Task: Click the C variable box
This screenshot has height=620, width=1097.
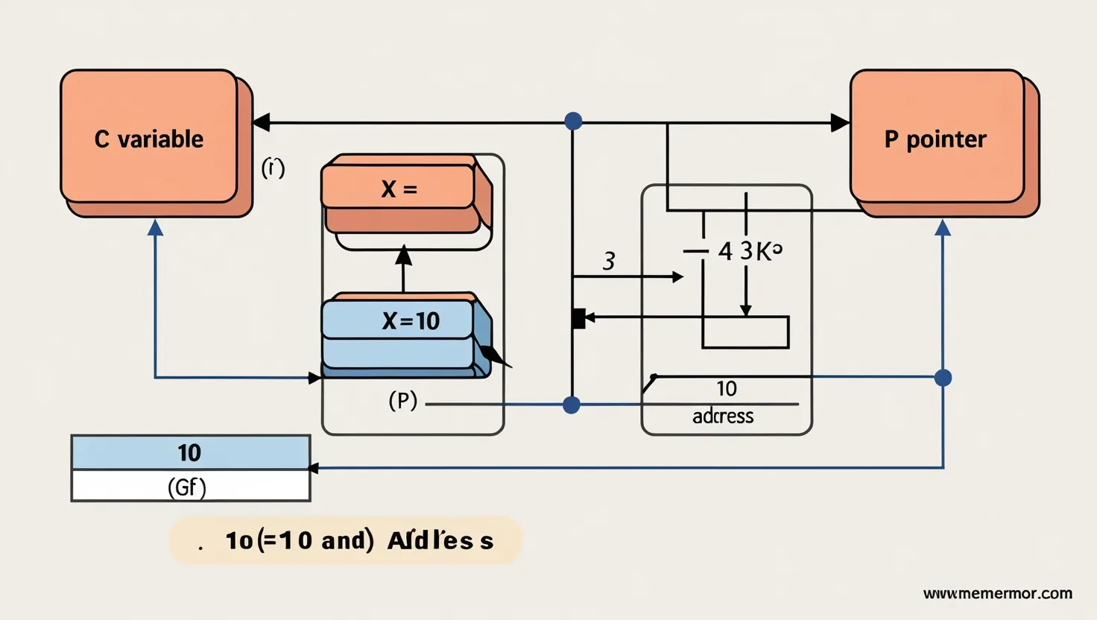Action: [150, 138]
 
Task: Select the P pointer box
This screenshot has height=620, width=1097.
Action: [937, 139]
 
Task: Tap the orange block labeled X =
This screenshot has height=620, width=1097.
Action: [399, 188]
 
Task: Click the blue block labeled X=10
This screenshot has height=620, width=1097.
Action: [399, 321]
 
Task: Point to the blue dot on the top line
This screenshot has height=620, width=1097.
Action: [573, 121]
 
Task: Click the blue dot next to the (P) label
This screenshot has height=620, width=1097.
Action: [572, 405]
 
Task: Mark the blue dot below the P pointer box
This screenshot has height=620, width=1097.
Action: [943, 378]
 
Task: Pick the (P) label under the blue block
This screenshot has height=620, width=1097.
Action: [403, 401]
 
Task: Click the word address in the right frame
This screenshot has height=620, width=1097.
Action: [723, 416]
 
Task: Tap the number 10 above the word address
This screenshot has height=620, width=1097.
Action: [727, 388]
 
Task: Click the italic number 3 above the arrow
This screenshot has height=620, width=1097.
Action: [609, 262]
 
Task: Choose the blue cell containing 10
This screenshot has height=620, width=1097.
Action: [190, 452]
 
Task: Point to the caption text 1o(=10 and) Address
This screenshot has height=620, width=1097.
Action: [358, 540]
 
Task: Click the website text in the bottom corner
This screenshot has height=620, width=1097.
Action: [997, 594]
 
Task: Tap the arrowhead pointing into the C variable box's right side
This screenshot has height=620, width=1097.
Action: [261, 122]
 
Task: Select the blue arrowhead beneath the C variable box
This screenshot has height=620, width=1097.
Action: [155, 227]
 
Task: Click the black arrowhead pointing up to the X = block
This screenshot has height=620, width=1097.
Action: [403, 255]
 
